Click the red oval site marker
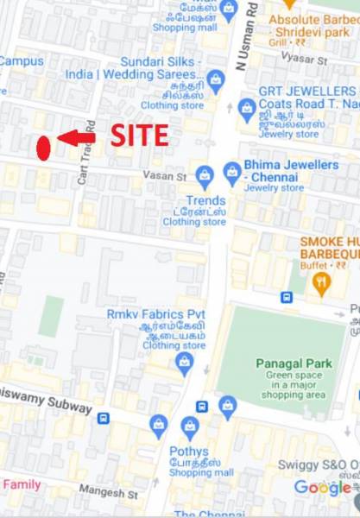coord(43,148)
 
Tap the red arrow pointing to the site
coord(76,137)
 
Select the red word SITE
coord(139,136)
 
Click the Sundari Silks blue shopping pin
coord(216,82)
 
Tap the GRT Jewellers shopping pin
coord(247,108)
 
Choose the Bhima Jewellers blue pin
coord(232,174)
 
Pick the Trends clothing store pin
coord(205,175)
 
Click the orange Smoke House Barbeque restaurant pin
coord(322,283)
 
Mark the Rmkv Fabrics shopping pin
coord(184,363)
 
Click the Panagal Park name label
coord(294,363)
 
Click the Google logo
coord(322,488)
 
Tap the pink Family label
coord(21,484)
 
